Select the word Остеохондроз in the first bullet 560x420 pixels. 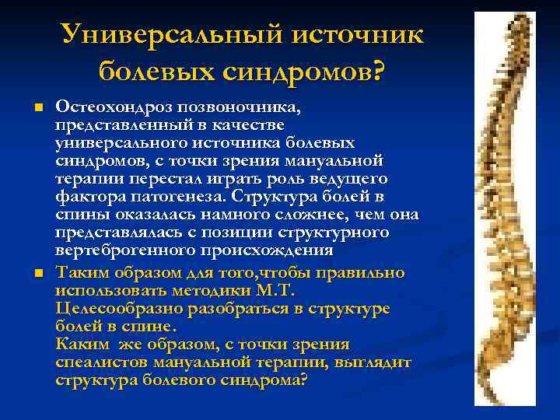117,107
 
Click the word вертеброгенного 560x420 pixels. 121,250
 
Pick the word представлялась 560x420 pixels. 117,233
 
